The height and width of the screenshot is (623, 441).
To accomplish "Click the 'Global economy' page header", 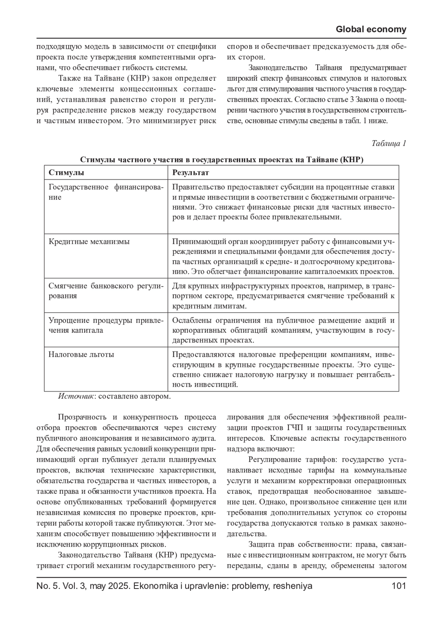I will click(371, 29).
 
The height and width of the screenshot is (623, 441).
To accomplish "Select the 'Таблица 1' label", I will click(388, 143).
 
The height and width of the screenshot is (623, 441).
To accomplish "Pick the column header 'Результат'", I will click(190, 172).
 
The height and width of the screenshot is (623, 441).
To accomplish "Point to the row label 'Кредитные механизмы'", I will click(89, 242).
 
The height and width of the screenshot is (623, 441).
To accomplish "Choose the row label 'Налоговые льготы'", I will click(81, 354).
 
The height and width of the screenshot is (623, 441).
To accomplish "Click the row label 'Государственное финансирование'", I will click(105, 192).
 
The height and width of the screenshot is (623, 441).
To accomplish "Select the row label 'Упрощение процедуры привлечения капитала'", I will click(105, 325).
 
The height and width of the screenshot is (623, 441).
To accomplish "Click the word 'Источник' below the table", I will click(76, 396).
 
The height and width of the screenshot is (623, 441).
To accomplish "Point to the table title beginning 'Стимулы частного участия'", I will click(221, 160).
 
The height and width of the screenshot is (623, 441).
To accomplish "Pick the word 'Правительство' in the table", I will click(197, 187).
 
